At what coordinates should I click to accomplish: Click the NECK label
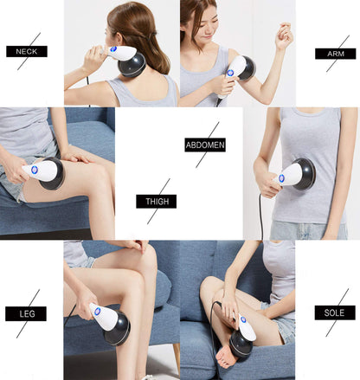coord(26,51)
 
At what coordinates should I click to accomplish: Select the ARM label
coord(334,54)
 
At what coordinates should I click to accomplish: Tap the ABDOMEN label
coord(204,145)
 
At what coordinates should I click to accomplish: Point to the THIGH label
coord(156,202)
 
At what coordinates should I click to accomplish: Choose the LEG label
coord(26,313)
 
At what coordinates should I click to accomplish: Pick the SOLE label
coord(334,312)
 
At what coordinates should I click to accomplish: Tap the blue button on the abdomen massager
coord(281,177)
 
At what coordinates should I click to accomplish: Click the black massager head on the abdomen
coord(304,174)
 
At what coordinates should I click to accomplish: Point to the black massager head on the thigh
coord(53,174)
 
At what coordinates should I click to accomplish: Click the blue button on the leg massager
coord(97,311)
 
